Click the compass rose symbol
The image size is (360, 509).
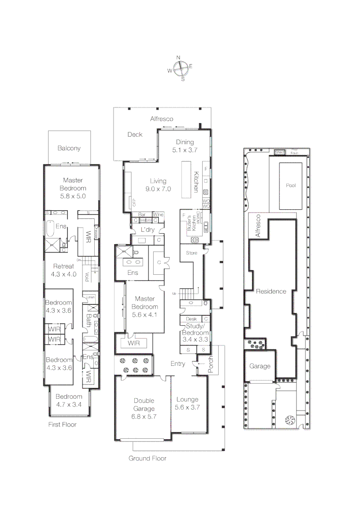pos(180,69)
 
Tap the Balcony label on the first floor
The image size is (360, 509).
pos(69,148)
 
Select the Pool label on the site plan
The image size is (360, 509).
pos(291,185)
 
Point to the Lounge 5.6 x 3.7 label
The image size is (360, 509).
pos(187,403)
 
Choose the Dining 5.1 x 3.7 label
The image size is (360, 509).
pos(185,146)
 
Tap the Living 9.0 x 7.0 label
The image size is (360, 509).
pos(160,184)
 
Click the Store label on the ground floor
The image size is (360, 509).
pos(192,253)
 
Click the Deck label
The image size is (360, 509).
pos(135,134)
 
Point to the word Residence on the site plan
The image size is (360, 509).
pos(271,291)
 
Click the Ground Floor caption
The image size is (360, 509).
pos(147,458)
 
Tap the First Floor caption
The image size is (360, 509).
pos(62,424)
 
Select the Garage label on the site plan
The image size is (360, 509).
pos(260,366)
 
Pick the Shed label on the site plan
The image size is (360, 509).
pos(279,152)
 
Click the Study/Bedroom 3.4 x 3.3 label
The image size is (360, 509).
pos(195,329)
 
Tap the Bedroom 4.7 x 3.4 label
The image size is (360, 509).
pos(69,400)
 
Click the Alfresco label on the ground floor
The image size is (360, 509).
pos(162,119)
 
